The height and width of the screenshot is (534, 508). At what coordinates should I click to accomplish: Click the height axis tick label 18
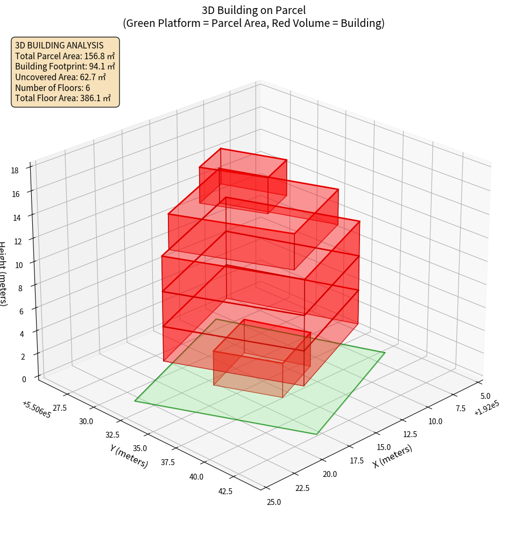coord(15,171)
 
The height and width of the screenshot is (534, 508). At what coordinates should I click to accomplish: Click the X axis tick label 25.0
coord(273,502)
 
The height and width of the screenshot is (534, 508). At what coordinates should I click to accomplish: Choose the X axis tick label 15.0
coord(384,447)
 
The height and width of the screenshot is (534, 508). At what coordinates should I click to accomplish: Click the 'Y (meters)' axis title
coord(129,456)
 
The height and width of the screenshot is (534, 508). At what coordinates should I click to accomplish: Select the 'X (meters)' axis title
coord(392,456)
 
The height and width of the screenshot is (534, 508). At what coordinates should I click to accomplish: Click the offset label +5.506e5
coord(37,410)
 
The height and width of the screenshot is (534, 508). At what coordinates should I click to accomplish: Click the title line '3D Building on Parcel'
coord(253,10)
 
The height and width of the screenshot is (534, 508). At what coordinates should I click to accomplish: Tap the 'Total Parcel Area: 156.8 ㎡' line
coord(65,56)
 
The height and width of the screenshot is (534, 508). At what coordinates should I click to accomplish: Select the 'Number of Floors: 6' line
coord(53,88)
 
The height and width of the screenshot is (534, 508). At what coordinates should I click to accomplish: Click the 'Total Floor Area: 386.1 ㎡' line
coord(63,98)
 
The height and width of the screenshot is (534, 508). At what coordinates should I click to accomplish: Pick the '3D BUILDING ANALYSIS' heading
coord(59,45)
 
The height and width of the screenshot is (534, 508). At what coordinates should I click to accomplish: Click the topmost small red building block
coord(242,180)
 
